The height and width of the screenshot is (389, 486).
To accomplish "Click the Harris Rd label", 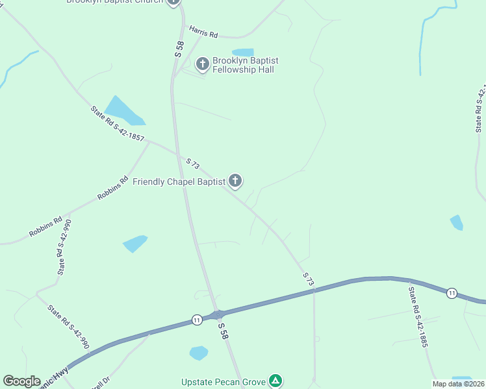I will (x=203, y=31).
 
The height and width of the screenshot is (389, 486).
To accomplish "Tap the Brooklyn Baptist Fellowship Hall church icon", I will (x=203, y=64).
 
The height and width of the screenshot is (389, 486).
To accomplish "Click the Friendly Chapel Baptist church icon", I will (x=235, y=181).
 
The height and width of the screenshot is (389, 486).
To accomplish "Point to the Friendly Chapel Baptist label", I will (x=179, y=182).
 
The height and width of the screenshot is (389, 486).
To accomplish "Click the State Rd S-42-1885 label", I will (x=416, y=316).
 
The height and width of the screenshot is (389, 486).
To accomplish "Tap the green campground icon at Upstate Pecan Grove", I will (x=276, y=381).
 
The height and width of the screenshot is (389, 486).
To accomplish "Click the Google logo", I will (x=21, y=381).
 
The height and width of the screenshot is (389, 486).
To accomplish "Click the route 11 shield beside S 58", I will (x=196, y=319).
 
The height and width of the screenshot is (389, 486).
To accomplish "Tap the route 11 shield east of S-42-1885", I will (x=452, y=294).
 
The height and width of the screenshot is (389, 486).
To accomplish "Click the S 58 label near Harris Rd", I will (x=180, y=49).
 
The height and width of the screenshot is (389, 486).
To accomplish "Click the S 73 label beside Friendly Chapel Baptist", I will (x=192, y=164).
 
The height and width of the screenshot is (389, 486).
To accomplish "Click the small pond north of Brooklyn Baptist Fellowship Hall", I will (x=243, y=53).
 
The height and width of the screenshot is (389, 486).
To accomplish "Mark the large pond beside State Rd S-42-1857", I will (x=123, y=110).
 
